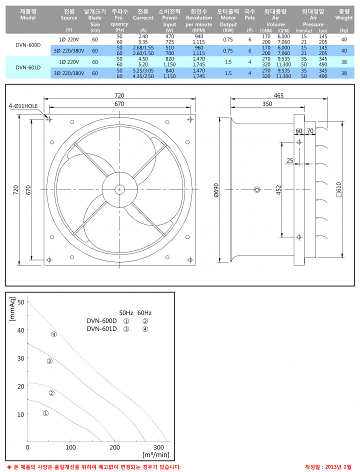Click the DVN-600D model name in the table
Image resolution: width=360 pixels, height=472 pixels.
(x=28, y=45)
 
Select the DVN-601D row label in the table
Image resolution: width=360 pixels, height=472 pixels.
(x=28, y=67)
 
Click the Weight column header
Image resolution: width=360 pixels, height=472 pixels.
(x=343, y=15)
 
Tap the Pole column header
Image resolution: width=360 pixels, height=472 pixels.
(x=249, y=15)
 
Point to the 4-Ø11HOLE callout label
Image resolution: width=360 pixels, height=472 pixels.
(x=23, y=106)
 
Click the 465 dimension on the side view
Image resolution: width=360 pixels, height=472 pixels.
(x=278, y=95)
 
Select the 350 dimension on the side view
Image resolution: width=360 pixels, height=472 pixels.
(x=267, y=104)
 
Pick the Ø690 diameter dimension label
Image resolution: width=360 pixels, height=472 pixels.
(x=216, y=190)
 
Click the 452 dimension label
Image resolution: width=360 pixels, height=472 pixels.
(x=278, y=190)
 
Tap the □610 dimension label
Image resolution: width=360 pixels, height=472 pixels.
(x=338, y=189)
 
